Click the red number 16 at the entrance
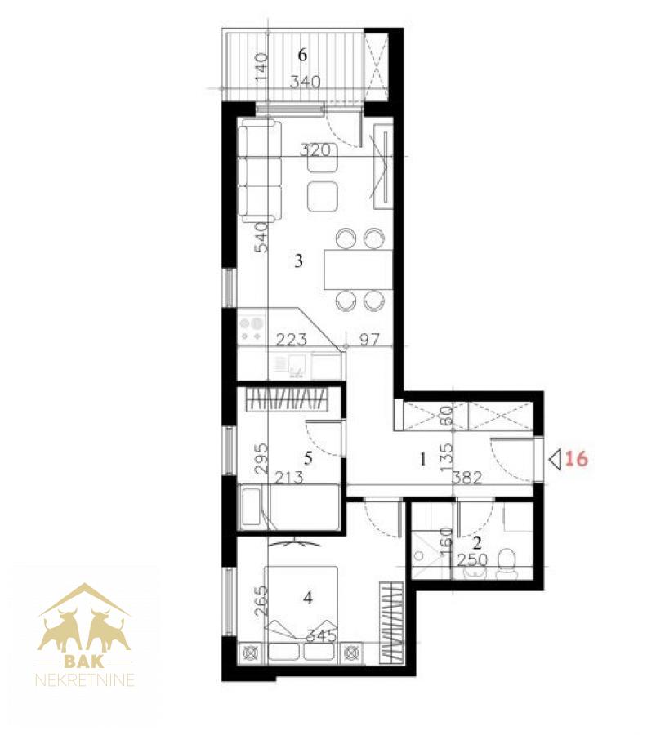pos(576,458)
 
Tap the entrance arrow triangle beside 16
pos(556,458)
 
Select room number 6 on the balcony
pos(302,55)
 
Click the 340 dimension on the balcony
pos(306,82)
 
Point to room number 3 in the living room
pos(299,261)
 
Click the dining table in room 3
pos(359,270)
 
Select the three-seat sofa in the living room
pos(260,170)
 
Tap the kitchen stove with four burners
pos(252,330)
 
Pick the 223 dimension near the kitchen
pos(291,339)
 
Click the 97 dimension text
pos(369,339)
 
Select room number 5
pos(308,457)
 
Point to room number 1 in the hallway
pos(423,459)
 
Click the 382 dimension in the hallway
pos(467,478)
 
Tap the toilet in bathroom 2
pos(506,563)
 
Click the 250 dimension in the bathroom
pos(473,559)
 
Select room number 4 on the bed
pos(308,598)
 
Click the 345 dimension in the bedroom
pos(321,636)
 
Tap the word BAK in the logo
pos(84,661)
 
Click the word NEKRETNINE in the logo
pos(85,679)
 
